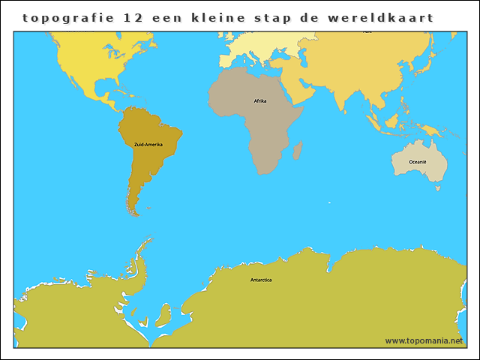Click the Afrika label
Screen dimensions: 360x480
click(x=260, y=100)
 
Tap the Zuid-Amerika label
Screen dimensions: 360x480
click(x=148, y=144)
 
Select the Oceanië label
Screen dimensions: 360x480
click(x=418, y=162)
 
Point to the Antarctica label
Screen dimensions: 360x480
click(x=261, y=280)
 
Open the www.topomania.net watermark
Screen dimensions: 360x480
click(x=424, y=340)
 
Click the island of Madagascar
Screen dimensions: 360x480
click(x=297, y=151)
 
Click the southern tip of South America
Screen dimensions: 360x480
click(x=135, y=213)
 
